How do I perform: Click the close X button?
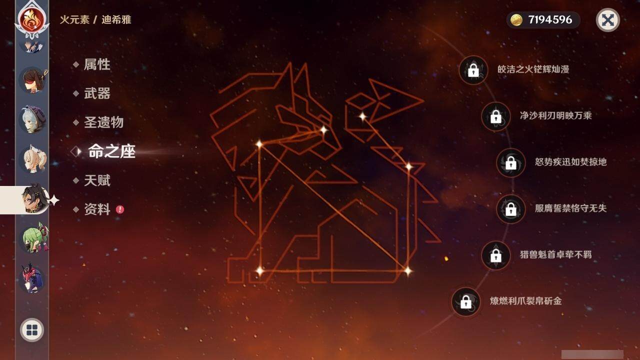(x=607, y=20)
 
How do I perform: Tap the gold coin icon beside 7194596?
(x=517, y=20)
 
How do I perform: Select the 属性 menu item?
(x=96, y=64)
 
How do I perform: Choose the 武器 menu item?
(x=96, y=93)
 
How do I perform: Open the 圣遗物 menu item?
(x=103, y=122)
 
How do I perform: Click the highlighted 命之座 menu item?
(x=111, y=151)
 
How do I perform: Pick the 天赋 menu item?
(x=96, y=180)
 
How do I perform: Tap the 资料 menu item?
(x=96, y=209)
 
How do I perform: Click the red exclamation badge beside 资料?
(x=120, y=209)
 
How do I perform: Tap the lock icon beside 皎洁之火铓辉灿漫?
(x=473, y=70)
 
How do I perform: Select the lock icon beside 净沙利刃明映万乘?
(x=495, y=116)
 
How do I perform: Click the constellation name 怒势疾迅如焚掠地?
(x=570, y=162)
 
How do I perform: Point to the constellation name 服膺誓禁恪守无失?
(x=570, y=208)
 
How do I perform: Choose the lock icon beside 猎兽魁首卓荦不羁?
(x=495, y=255)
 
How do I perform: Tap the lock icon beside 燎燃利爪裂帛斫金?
(x=465, y=301)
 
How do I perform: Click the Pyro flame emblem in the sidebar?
(x=32, y=18)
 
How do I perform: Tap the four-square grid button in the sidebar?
(x=32, y=330)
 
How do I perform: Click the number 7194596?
(x=550, y=20)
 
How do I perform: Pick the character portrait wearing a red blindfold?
(x=32, y=80)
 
